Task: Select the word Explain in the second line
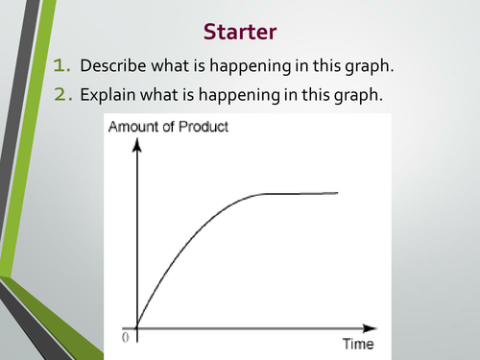point(108,95)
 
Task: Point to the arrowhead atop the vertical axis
point(137,144)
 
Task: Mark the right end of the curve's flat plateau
point(338,193)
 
